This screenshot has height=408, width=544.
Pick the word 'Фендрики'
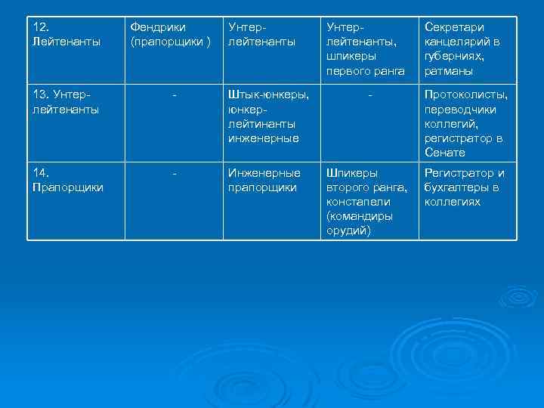(x=159, y=27)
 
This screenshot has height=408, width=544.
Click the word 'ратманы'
(x=449, y=71)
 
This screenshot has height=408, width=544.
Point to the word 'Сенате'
(x=445, y=153)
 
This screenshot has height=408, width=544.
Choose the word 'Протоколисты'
(x=465, y=94)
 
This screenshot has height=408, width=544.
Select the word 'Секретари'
(x=454, y=27)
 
